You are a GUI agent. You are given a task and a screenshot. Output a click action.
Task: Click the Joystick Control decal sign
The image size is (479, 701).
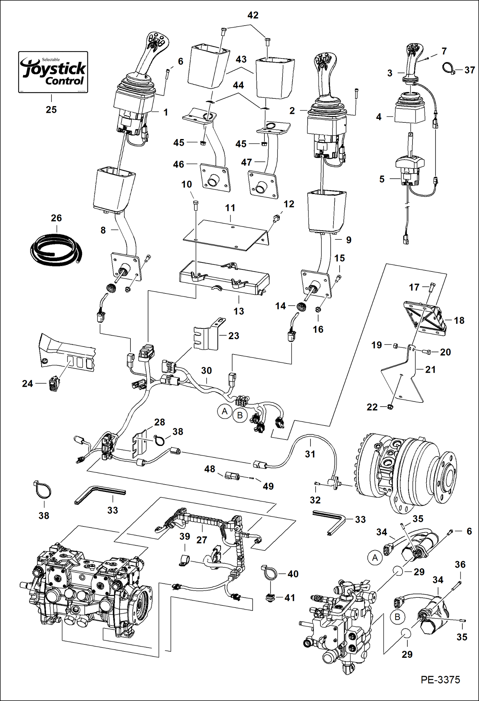tap(53, 72)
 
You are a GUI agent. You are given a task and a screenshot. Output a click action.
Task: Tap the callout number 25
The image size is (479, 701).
tap(51, 110)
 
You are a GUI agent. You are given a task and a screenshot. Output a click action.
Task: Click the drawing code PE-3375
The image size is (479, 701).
tap(440, 679)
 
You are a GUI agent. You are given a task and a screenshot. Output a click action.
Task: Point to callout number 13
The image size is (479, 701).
tap(239, 311)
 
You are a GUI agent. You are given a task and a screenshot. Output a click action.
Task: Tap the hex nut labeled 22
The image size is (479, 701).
tap(390, 407)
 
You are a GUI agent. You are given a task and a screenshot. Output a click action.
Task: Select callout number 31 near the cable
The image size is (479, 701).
tap(310, 454)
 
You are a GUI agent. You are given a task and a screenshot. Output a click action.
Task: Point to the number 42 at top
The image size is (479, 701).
tap(253, 15)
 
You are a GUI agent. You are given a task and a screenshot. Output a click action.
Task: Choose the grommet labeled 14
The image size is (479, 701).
tap(302, 307)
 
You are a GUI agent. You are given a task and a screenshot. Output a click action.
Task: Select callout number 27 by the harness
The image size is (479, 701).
tap(201, 540)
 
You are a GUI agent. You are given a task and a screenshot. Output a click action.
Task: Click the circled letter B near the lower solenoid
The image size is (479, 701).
tap(397, 617)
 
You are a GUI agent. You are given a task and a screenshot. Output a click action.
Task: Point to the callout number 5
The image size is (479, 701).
tap(382, 179)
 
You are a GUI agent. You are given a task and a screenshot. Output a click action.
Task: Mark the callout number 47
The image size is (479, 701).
tap(246, 162)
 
